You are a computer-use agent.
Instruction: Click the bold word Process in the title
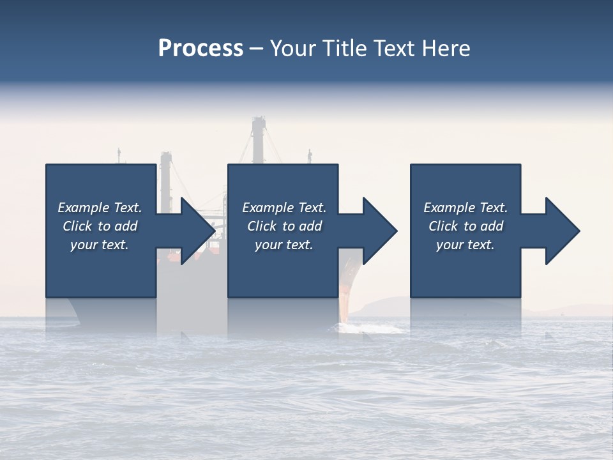(x=201, y=49)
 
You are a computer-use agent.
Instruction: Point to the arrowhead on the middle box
(x=379, y=231)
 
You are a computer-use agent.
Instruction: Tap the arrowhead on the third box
(x=561, y=231)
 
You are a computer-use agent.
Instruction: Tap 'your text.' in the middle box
(x=284, y=245)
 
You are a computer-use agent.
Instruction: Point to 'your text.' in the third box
(x=465, y=245)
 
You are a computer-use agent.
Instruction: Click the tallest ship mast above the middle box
(x=258, y=137)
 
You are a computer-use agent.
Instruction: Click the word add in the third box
(x=491, y=226)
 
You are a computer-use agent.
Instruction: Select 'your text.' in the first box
(x=99, y=245)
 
